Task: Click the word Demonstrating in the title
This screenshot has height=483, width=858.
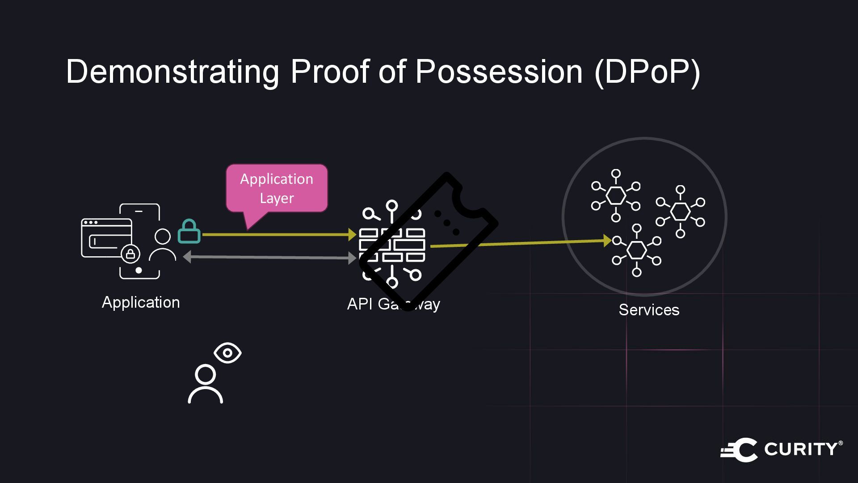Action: click(172, 72)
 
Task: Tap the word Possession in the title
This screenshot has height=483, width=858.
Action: click(499, 72)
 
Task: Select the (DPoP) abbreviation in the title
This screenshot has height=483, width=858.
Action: click(647, 72)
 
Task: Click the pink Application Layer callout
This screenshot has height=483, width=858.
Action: click(277, 188)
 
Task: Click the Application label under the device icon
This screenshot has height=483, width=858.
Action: click(141, 302)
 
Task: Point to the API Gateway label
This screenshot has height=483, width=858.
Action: click(393, 304)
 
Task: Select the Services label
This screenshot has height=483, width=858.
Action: click(649, 310)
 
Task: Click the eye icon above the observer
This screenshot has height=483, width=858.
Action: click(227, 353)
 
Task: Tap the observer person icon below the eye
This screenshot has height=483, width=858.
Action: click(205, 384)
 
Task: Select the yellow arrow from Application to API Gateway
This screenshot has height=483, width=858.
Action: click(277, 234)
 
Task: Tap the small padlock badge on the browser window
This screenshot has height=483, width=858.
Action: click(130, 254)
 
